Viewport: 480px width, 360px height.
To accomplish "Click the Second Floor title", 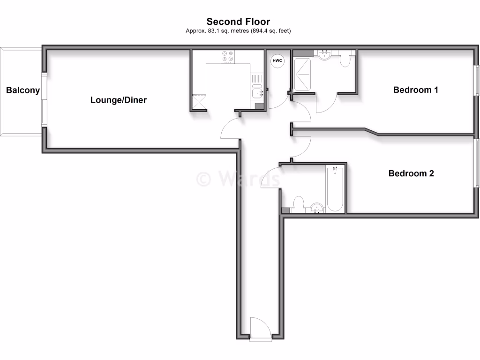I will coord(238,22).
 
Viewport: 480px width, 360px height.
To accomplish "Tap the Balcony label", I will coord(23,90).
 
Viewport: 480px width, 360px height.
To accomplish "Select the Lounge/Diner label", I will coord(119,100).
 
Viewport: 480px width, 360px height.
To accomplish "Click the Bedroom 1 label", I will coord(415,90).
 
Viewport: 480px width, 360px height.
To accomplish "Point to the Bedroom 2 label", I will coord(411,173).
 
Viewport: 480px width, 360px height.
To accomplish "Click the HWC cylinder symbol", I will coord(277,60).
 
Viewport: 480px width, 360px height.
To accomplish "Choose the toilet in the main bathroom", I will coord(297,204).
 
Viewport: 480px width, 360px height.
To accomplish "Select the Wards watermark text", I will coord(238,179).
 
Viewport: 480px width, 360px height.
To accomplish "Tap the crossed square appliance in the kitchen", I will coord(199,102).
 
